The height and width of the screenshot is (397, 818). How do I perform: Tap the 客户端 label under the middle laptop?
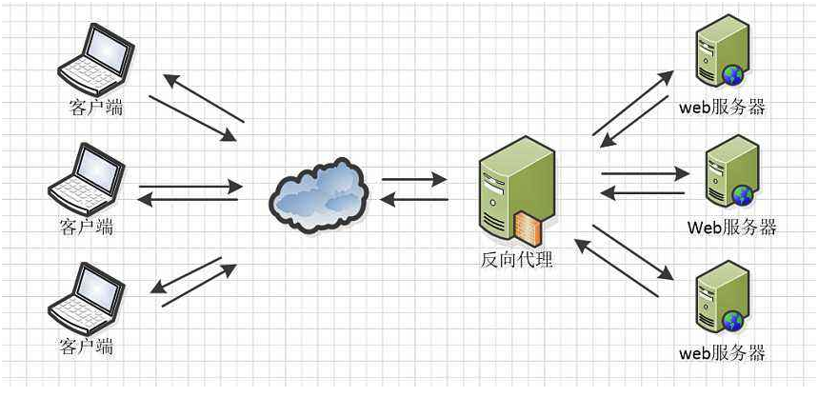(x=86, y=227)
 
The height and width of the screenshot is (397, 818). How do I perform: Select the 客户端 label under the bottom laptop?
(x=86, y=344)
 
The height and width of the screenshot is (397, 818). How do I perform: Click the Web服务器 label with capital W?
(x=731, y=227)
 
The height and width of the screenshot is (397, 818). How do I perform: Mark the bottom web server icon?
(x=719, y=302)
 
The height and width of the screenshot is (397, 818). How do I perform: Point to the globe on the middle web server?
(x=743, y=195)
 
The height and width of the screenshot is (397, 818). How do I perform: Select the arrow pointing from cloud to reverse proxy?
(x=414, y=178)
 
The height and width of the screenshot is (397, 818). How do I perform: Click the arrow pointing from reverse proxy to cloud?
(x=413, y=199)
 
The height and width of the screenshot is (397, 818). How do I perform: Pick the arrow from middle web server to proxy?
(x=643, y=193)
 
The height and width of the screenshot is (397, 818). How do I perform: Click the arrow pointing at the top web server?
(x=632, y=102)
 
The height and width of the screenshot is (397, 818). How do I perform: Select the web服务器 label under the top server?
(x=722, y=107)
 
